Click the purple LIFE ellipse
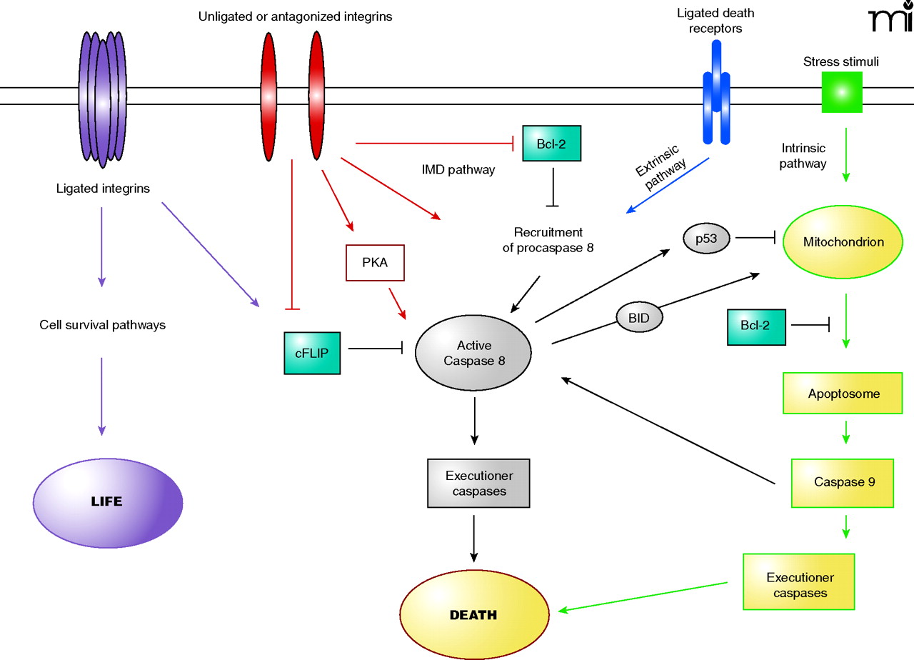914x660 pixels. point(108,501)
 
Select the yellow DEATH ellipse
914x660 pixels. point(473,615)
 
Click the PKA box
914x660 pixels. point(375,264)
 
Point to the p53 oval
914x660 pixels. point(706,239)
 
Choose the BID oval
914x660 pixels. point(639,317)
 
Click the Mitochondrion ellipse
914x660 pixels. point(843,242)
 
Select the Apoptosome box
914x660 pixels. point(843,394)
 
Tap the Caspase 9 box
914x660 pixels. point(843,482)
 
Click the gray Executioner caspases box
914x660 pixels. point(478,483)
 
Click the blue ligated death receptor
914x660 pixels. point(716,91)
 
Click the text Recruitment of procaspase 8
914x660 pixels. point(548,240)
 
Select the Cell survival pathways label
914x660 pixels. point(102,325)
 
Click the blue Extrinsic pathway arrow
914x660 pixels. point(668,185)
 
